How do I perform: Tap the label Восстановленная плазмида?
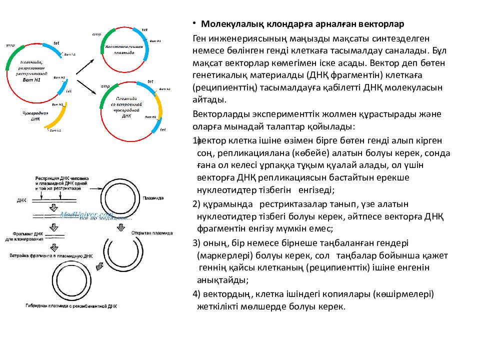coord(123,49)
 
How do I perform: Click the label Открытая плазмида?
coord(151,233)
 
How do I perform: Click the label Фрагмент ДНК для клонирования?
coord(20,236)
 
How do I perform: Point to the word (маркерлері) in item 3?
coord(223,255)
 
